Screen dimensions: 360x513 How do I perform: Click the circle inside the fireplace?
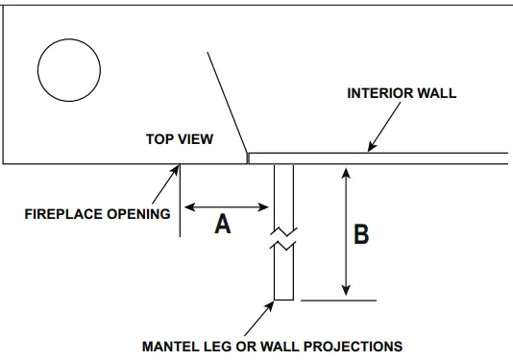point(68,68)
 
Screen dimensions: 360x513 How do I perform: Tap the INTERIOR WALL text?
point(401,94)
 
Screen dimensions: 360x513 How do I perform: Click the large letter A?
point(223,225)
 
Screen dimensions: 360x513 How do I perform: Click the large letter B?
point(361,234)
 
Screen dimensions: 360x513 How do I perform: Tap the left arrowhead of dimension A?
point(187,205)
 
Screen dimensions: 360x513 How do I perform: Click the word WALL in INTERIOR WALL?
point(437,94)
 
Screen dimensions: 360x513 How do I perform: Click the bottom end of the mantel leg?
point(283,300)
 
